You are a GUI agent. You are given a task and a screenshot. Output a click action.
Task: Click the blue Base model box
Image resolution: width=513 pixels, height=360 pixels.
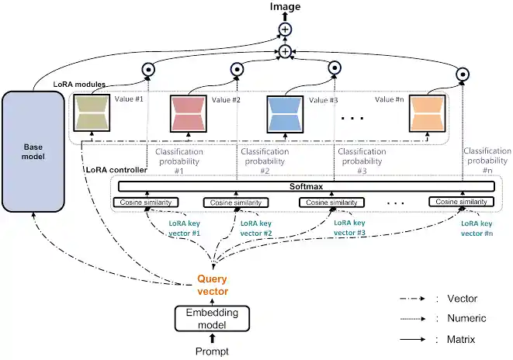tap(33, 151)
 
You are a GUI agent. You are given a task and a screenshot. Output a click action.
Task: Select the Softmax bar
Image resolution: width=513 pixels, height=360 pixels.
tap(306, 186)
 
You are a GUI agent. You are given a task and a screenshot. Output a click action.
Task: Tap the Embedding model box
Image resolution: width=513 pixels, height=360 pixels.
tap(212, 318)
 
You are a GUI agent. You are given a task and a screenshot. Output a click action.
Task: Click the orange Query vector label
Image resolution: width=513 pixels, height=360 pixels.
tap(213, 285)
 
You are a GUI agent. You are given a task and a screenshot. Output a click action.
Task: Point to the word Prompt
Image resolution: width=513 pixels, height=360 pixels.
tap(212, 351)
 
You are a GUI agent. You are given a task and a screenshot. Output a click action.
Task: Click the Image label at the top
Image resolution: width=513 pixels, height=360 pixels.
tap(285, 6)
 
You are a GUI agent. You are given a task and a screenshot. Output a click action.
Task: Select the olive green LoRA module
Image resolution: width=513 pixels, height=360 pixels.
tap(92, 112)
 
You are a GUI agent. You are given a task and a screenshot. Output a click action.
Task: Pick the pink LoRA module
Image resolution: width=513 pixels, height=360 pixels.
tap(189, 113)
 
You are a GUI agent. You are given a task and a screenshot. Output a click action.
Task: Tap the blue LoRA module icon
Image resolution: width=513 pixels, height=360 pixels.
tap(286, 114)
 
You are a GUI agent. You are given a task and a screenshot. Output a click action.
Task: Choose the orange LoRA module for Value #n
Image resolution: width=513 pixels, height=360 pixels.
tap(428, 114)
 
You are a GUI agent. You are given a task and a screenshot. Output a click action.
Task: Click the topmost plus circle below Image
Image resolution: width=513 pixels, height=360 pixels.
tap(285, 29)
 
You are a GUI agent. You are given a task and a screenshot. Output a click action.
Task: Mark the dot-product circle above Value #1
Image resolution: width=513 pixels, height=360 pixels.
tap(148, 69)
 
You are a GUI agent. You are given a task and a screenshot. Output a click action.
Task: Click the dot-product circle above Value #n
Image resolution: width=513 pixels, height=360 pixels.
tap(463, 74)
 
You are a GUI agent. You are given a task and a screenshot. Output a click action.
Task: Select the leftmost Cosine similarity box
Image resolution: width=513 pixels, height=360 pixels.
tap(146, 202)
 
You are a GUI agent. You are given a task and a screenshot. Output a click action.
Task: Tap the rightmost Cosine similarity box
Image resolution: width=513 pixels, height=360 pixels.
tap(461, 202)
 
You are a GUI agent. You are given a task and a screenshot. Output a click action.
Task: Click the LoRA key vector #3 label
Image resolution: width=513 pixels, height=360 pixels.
tap(349, 228)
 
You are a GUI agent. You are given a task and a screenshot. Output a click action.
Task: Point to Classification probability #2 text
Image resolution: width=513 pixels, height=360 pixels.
tap(265, 161)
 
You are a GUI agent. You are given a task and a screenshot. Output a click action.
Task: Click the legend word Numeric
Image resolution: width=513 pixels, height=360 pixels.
tap(466, 318)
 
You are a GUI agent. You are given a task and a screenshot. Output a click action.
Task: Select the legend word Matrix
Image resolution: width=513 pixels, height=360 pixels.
tap(461, 339)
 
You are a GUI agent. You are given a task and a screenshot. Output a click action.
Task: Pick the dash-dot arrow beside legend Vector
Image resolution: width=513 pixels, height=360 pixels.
tap(413, 299)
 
